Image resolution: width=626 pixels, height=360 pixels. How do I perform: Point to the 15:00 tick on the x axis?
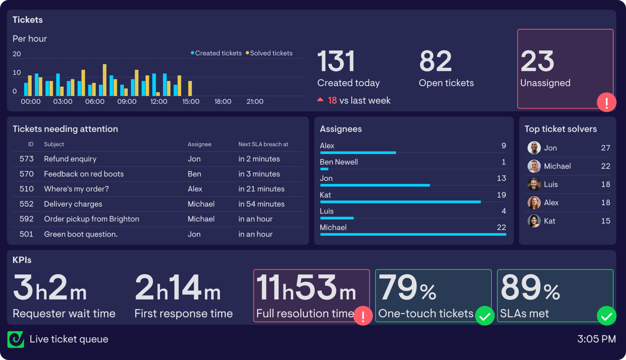191,102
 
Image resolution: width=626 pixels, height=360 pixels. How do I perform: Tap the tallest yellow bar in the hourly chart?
104,80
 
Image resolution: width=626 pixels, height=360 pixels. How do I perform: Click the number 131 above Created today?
336,62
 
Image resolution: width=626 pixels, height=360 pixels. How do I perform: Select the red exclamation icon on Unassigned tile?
607,103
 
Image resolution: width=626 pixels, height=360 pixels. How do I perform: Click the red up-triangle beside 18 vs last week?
320,100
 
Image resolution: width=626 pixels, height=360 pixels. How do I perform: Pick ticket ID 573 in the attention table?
26,159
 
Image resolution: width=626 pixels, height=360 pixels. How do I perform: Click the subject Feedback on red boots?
84,174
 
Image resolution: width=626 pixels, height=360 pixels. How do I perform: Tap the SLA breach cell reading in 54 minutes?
261,204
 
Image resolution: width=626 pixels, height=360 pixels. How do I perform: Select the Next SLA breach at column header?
263,144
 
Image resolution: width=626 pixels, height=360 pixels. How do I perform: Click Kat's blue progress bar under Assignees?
400,202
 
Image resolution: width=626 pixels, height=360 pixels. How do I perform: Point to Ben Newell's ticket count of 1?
503,162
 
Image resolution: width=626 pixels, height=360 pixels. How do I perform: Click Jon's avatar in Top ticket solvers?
534,148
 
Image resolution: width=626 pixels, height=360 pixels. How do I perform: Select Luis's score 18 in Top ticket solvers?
605,184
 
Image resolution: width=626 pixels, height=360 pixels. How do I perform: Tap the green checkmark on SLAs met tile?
607,316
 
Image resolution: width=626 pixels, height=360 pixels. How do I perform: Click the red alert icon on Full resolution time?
363,316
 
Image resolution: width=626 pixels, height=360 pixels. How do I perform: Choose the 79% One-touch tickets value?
407,288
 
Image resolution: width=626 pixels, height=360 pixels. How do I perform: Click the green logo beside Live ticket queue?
16,339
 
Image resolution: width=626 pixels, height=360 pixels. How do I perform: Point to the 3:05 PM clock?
596,339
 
